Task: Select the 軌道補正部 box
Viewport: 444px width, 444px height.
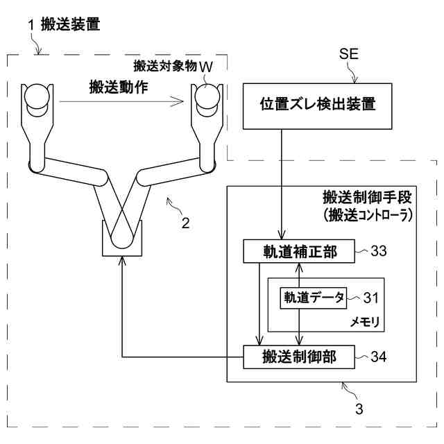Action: tap(298, 251)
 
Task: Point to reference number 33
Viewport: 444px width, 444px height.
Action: tap(379, 251)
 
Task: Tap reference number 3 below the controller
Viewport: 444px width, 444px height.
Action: tap(359, 408)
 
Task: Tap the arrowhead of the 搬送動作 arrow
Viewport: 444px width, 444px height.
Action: tap(182, 101)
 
